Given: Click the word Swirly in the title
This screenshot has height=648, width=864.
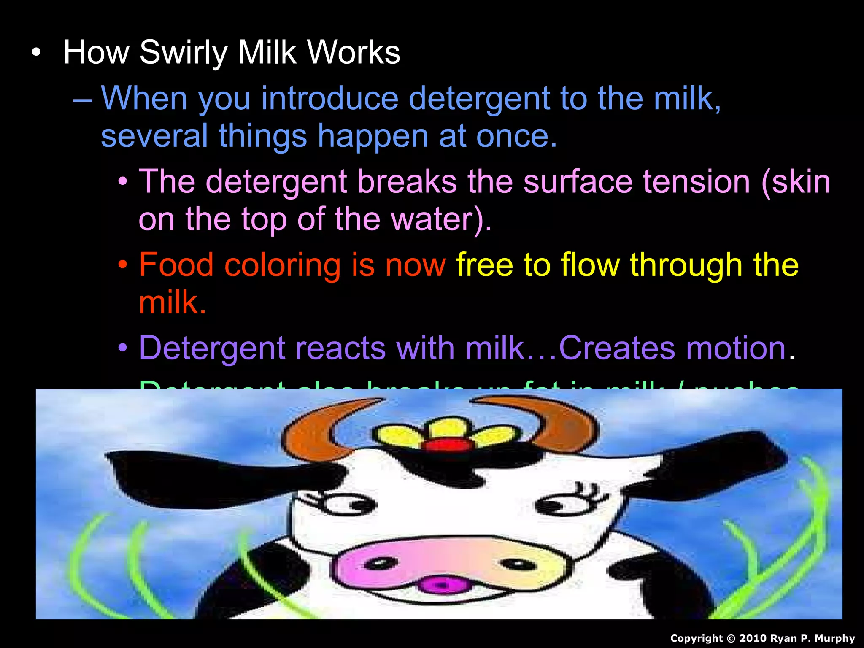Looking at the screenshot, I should tap(184, 53).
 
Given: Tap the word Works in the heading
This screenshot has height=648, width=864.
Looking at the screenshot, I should tap(354, 52).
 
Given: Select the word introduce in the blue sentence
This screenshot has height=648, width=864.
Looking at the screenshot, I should tap(329, 98).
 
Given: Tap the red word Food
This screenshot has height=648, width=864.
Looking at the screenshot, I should tap(176, 265).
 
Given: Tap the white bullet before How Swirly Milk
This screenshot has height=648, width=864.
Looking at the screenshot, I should tap(37, 53).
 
